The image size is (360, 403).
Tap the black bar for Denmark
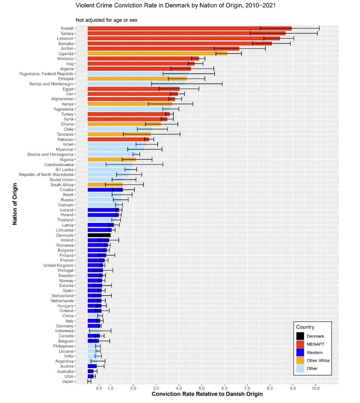[x=99, y=235]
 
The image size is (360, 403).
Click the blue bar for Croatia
[x=105, y=190]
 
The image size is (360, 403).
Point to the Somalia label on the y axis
[x=67, y=43]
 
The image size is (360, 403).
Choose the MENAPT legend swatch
[x=300, y=344]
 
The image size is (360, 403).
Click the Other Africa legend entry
[x=318, y=360]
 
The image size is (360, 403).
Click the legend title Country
[x=305, y=327]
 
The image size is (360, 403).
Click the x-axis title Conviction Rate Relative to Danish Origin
[x=207, y=394]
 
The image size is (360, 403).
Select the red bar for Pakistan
[x=118, y=139]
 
